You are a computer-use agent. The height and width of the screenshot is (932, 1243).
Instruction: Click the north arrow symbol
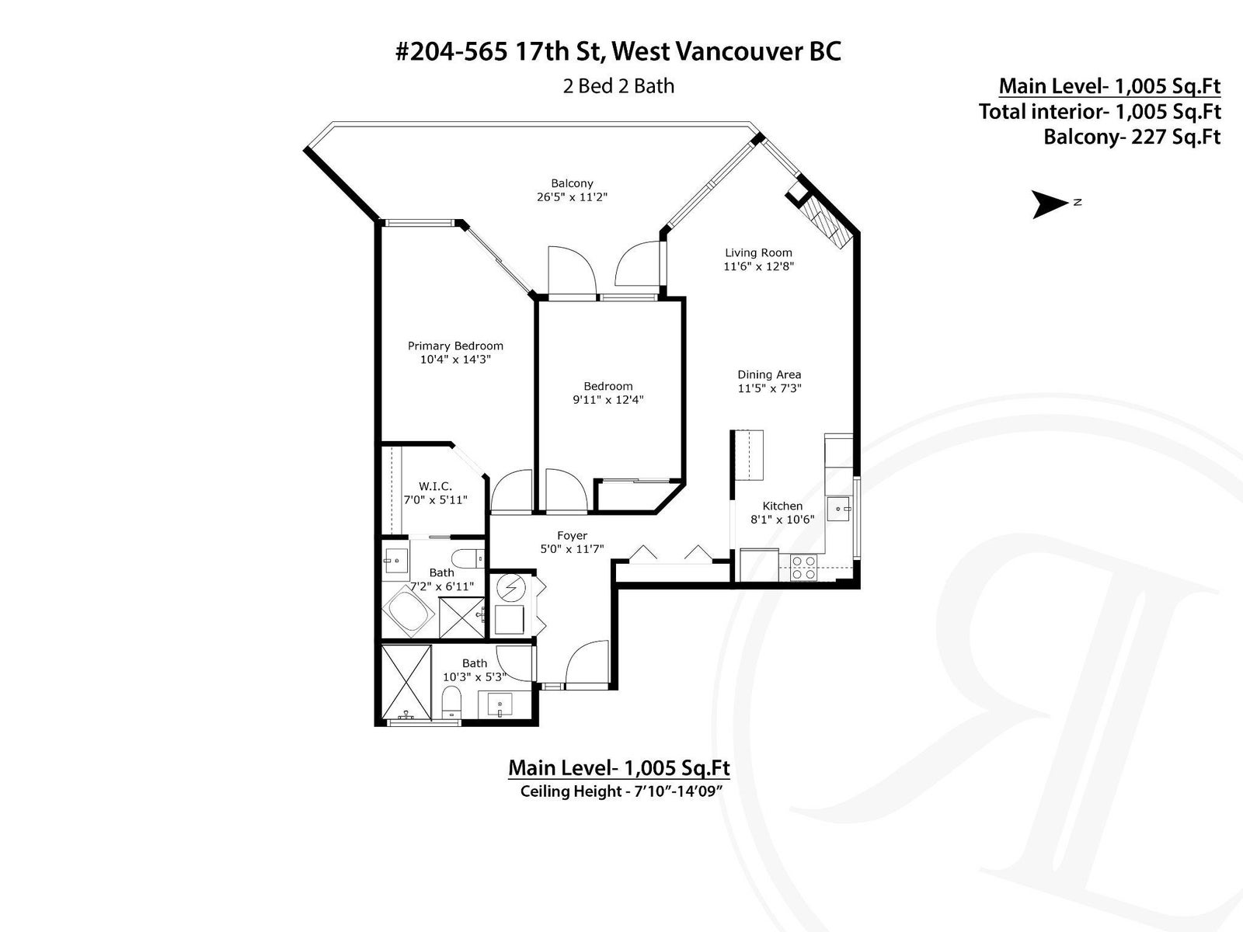click(x=1049, y=203)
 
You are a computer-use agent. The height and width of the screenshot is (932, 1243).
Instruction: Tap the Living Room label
click(x=758, y=252)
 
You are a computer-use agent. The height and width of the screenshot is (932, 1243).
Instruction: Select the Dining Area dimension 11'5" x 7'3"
click(x=769, y=388)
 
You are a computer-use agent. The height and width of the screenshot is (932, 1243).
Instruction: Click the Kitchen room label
click(x=782, y=506)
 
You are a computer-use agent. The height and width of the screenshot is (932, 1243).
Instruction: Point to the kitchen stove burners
click(x=803, y=567)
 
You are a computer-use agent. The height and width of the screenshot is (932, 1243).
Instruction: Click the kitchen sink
click(x=839, y=509)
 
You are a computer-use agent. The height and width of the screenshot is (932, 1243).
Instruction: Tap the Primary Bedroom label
click(x=455, y=346)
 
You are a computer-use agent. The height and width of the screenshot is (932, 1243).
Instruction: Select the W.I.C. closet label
click(x=436, y=486)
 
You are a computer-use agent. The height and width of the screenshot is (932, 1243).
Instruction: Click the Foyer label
click(x=572, y=535)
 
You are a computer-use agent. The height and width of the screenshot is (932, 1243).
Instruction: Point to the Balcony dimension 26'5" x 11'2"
click(x=572, y=197)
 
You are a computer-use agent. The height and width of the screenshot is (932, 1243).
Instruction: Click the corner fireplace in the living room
click(x=820, y=216)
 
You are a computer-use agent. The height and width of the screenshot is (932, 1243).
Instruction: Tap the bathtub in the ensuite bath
click(x=409, y=610)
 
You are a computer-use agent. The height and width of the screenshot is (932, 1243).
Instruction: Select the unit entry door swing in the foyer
click(x=587, y=662)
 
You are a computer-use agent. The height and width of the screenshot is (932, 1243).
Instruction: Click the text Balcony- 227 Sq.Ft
click(x=1132, y=137)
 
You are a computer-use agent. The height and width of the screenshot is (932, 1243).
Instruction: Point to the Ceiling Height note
click(x=621, y=791)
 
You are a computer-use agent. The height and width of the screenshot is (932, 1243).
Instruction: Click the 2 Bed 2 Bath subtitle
click(x=618, y=86)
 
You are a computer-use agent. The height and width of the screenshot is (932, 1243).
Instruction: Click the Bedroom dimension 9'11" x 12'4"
click(x=608, y=399)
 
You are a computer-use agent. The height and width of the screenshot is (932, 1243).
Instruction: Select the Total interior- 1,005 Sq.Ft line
click(x=1100, y=112)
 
